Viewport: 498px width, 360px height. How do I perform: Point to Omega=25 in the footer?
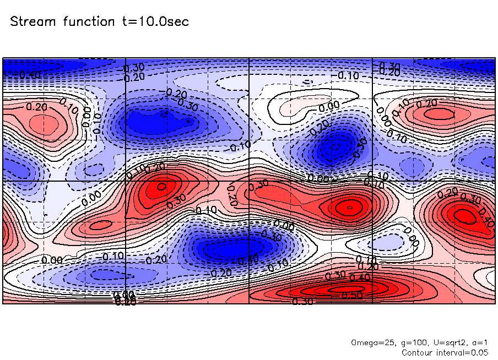pyautogui.click(x=373, y=342)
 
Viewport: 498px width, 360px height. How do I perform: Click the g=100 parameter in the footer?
pyautogui.click(x=410, y=342)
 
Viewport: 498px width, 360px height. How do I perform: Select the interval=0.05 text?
pyautogui.click(x=463, y=352)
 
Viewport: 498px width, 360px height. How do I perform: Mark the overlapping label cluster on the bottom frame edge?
pyautogui.click(x=125, y=299)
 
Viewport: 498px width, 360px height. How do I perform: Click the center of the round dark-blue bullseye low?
pyautogui.click(x=334, y=148)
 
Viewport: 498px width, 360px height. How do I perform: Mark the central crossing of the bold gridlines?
pyautogui.click(x=250, y=181)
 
